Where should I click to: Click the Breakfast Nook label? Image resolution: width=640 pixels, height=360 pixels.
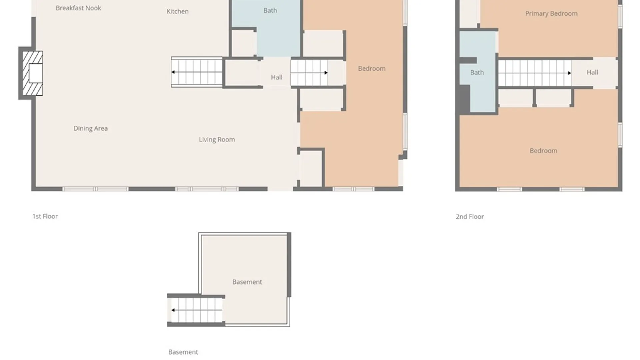coord(78,8)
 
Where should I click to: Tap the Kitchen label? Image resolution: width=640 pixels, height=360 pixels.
coord(178,11)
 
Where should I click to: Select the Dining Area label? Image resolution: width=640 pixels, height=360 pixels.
coord(91,128)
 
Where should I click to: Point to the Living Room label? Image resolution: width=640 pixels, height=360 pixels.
coord(217,140)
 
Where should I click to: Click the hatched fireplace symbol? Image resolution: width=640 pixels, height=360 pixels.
coord(32,73)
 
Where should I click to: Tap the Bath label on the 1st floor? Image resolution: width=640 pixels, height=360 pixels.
coord(270,10)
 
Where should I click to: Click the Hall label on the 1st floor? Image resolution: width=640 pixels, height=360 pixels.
coord(277,77)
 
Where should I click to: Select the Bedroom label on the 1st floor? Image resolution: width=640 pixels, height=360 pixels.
coord(372,68)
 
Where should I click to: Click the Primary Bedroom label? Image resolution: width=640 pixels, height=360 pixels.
coord(551,13)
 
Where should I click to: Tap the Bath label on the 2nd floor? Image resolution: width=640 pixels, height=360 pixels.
coord(477,72)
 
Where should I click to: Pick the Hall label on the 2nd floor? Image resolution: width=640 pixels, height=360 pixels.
coord(592,72)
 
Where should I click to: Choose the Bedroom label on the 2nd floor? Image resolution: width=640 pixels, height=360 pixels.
coord(544,151)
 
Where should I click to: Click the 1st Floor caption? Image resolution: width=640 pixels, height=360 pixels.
coord(45,216)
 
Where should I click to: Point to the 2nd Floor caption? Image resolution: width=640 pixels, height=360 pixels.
coord(470,217)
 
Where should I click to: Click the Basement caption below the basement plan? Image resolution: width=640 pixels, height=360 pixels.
coord(183,352)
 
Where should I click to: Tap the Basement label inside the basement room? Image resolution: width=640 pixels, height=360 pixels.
coord(247,282)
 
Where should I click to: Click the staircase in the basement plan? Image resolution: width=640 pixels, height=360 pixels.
coord(196,310)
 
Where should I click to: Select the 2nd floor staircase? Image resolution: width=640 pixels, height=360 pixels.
coord(535,73)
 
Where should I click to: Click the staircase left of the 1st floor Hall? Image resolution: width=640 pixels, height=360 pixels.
coord(197,72)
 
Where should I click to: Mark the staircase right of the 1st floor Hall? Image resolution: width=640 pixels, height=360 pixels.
coord(309,72)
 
